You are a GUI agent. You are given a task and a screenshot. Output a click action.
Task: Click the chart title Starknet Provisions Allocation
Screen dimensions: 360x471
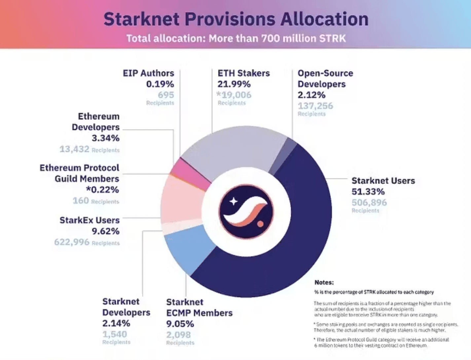[236, 19]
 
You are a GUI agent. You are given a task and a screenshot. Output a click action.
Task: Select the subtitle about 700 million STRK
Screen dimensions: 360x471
[236, 39]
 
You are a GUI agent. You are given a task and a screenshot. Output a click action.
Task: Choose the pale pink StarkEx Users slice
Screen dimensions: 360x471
[182, 201]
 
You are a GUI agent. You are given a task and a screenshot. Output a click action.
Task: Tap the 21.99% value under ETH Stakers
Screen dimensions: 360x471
[234, 84]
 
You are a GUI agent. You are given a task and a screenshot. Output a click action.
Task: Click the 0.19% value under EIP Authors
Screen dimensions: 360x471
[160, 84]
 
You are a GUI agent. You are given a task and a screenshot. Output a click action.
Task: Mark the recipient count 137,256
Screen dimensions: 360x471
[315, 106]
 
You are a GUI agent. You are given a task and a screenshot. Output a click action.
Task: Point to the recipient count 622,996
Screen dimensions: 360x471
[72, 242]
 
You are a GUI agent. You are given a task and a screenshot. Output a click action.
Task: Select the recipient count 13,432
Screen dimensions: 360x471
[74, 149]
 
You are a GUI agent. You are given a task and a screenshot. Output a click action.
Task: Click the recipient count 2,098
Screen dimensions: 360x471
[178, 335]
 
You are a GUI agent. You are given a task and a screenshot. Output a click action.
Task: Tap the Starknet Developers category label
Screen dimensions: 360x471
[126, 307]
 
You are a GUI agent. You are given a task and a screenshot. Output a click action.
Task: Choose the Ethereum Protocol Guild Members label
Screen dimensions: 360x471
[79, 173]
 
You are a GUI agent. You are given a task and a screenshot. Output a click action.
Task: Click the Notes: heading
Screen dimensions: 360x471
[324, 282]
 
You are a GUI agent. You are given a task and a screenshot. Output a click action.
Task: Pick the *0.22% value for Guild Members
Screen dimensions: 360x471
[102, 190]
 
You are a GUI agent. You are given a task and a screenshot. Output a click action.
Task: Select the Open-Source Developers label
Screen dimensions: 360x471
[325, 79]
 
